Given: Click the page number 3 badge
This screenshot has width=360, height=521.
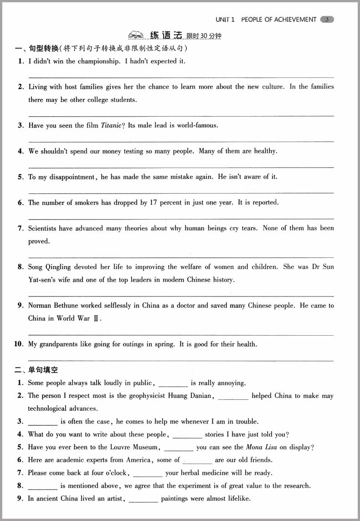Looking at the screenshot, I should coord(327,19).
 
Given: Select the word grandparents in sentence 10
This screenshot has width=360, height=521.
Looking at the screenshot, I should coord(59,344).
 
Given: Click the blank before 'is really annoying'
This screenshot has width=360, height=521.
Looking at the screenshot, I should coord(173,383).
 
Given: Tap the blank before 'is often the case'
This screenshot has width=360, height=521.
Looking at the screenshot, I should coord(43,422).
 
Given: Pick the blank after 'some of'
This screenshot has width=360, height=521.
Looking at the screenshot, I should coord(197,460).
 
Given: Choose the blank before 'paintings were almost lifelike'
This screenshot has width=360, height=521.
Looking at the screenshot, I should coord(144,499).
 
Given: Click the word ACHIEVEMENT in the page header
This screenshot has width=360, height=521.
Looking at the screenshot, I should coord(294,19).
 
